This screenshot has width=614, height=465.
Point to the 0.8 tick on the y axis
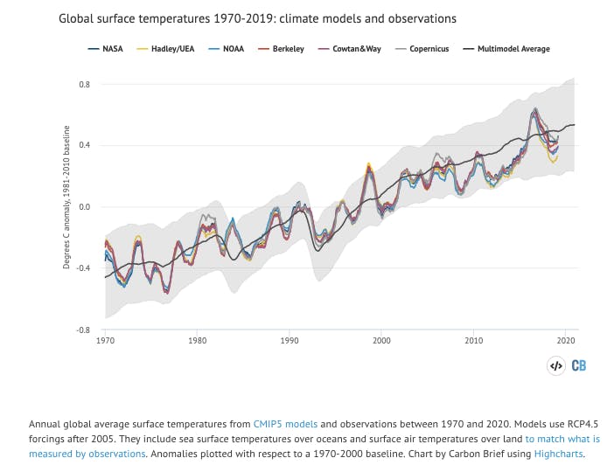pos(85,84)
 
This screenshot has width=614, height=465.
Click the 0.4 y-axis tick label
pos(85,145)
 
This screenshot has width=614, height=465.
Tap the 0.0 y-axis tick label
pos(85,207)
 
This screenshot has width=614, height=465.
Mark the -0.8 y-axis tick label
pos(84,330)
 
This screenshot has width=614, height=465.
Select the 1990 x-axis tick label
pos(290,340)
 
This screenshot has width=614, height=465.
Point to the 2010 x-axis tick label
pos(474,340)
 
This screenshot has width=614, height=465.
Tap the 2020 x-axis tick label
pos(566,340)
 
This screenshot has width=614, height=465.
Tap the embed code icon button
pos(555,366)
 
